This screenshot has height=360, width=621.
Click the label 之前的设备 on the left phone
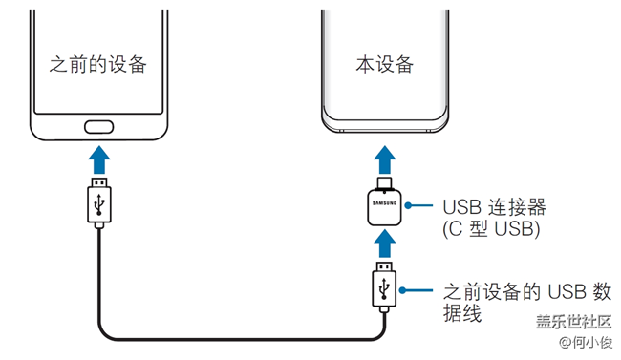(99, 64)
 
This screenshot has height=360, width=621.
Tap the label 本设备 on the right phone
(384, 64)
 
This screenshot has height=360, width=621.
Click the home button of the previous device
(99, 126)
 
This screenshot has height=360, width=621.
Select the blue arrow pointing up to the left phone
(99, 159)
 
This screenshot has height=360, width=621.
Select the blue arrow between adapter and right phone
(384, 159)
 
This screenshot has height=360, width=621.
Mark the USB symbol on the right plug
(384, 290)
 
